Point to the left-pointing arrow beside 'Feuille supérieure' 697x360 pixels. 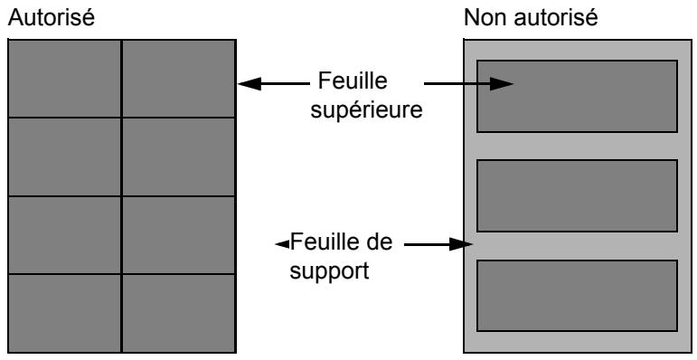[271, 84]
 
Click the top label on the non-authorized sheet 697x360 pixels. [577, 96]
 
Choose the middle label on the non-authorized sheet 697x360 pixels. [577, 195]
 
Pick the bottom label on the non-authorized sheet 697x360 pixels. [577, 296]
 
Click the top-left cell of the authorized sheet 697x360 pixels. [64, 79]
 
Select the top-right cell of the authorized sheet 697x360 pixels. [178, 79]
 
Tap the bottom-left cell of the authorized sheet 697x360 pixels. [64, 312]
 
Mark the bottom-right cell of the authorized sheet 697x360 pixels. [178, 312]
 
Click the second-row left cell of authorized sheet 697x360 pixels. [64, 156]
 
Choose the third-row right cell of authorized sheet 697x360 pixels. [178, 234]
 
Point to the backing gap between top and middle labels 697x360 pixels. [577, 146]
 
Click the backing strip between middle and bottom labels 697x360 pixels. [577, 246]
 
